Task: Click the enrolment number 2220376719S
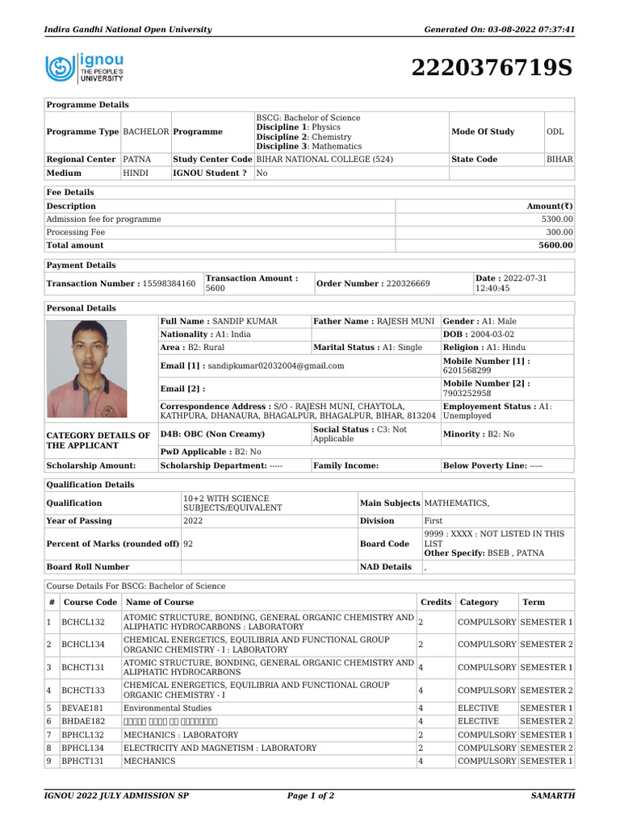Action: pos(492,69)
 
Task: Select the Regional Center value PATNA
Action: pos(137,160)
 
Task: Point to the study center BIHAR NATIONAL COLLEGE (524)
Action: pos(325,160)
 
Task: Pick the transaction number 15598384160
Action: pos(168,284)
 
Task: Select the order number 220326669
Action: pos(408,284)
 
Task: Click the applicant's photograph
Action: pos(87,369)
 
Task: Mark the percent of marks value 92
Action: pos(188,544)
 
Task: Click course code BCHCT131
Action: pos(84,668)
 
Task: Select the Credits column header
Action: pos(436,603)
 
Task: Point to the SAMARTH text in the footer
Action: pos(552,796)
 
